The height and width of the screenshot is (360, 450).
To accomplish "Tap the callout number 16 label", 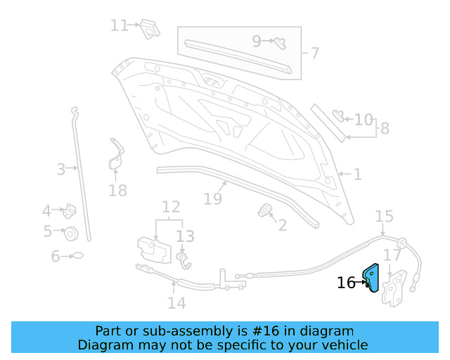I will tap(346, 283).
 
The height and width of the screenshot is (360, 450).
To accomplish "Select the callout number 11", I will tap(119, 25).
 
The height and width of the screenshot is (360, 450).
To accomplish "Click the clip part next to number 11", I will tap(148, 28).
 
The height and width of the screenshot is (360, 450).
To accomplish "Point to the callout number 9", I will tap(256, 41).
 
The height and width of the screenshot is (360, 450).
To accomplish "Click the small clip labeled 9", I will tap(278, 41).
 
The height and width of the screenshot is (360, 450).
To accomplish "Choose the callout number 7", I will tap(314, 53).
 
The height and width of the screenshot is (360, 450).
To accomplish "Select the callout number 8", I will tap(384, 129).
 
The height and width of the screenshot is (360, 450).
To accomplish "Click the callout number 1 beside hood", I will tap(357, 174).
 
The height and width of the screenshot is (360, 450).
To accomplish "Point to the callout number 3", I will tap(61, 169).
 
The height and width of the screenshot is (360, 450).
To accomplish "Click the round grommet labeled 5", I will tap(70, 233).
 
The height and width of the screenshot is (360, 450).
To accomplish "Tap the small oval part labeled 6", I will tap(78, 256).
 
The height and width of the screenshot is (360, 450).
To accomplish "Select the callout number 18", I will tap(117, 191).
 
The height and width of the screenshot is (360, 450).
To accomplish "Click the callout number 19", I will tap(212, 199).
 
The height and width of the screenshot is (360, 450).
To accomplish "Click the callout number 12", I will tap(171, 207).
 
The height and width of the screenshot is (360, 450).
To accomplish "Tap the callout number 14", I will tap(176, 302).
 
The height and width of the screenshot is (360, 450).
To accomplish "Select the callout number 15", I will tap(384, 216).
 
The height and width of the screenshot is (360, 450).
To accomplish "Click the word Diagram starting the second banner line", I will tap(105, 345).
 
